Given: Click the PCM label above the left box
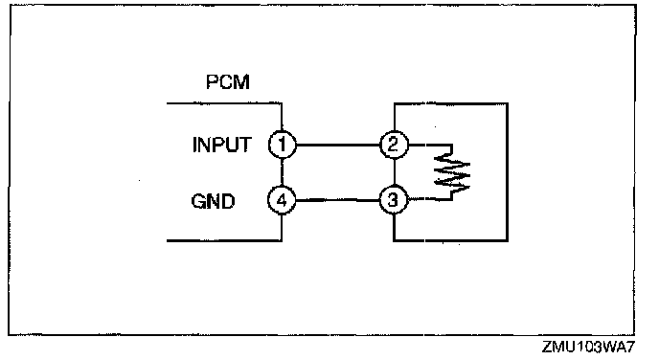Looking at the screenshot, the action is click(x=228, y=81).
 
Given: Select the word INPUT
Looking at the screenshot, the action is click(x=222, y=145).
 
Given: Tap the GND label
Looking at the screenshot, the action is click(x=213, y=201).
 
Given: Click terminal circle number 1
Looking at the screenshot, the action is click(x=282, y=145).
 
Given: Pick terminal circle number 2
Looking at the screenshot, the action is click(x=394, y=145).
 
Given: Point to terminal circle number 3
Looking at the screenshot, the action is click(x=394, y=200).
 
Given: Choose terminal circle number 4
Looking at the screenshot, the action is click(x=282, y=200).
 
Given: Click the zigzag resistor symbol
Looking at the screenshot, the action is click(x=452, y=172).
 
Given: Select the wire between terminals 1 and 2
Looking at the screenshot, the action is click(x=338, y=145).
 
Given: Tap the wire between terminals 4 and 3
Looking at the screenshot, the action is click(x=338, y=200).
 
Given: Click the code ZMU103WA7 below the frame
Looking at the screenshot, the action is click(x=587, y=347).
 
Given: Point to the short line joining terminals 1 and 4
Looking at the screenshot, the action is click(x=282, y=172).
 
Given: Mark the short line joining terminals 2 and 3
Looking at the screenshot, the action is click(x=394, y=172).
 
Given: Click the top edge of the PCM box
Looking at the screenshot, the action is click(x=224, y=102).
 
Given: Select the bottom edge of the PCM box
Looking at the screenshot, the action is click(x=224, y=240).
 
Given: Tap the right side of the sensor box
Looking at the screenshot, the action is click(x=508, y=171).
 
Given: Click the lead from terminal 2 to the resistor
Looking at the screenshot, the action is click(x=429, y=145).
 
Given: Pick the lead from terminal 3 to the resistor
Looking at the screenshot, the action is click(x=429, y=199).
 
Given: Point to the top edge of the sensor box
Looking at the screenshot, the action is click(x=450, y=103).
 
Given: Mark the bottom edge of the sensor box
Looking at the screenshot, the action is click(x=450, y=240).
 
